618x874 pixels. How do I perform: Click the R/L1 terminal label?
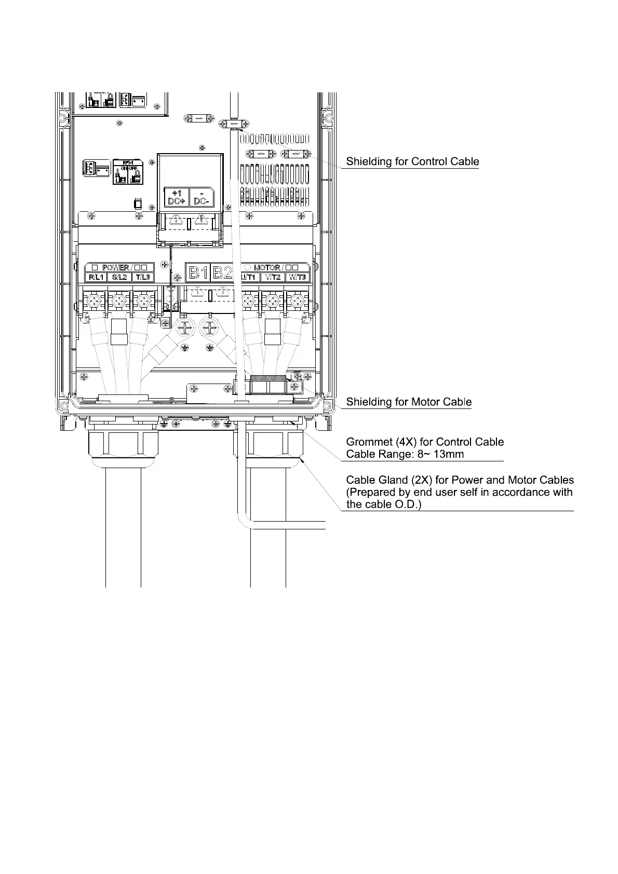tap(96, 277)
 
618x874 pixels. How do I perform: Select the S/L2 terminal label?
tap(120, 277)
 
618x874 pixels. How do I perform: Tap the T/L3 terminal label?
tap(143, 277)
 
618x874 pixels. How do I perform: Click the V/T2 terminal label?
tap(273, 277)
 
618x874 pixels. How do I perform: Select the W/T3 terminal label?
tap(297, 277)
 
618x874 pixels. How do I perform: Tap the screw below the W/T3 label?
tap(297, 301)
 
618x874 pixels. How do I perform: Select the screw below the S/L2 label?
tap(120, 301)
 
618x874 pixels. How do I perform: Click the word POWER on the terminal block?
tap(115, 268)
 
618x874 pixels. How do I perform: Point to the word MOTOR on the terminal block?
tap(267, 268)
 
